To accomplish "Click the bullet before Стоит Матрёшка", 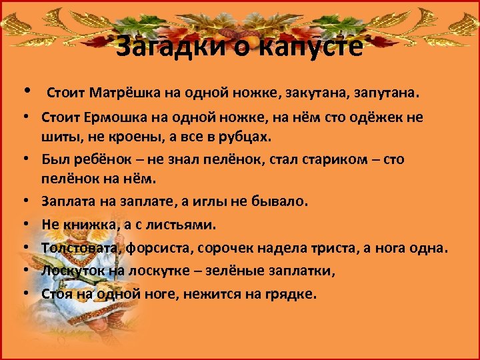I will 25,91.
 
